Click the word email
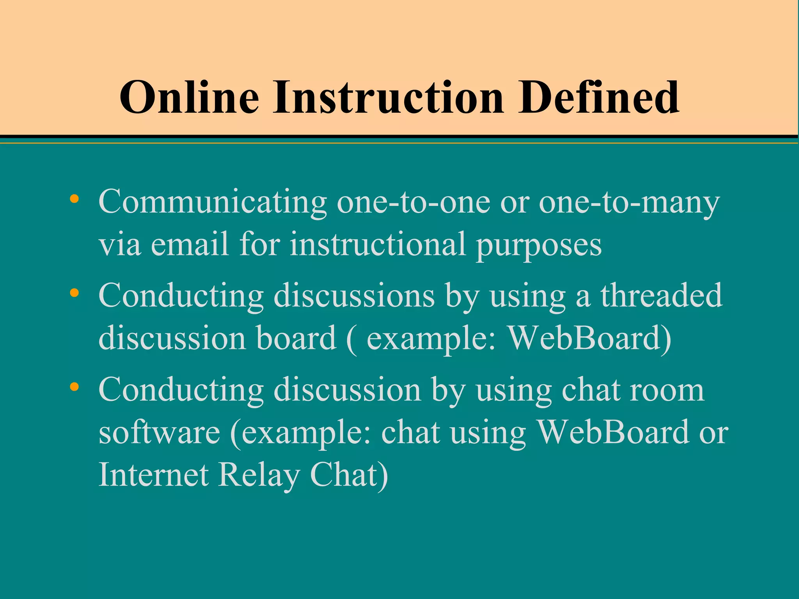click(x=190, y=245)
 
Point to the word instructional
click(x=378, y=245)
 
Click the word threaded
click(x=661, y=296)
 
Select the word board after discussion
click(x=296, y=338)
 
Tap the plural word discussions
click(x=354, y=296)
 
